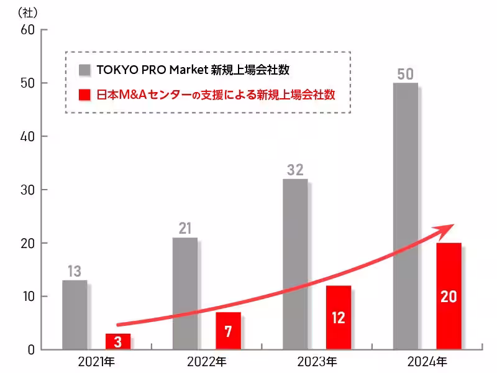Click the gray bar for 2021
[x=75, y=315]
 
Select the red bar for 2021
[x=118, y=341]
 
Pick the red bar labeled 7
[x=228, y=331]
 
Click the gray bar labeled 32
[x=295, y=264]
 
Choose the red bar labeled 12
[x=339, y=318]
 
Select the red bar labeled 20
[x=449, y=296]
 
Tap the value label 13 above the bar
[x=75, y=272]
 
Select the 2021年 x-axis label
[x=97, y=361]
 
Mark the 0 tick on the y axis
[x=30, y=349]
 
